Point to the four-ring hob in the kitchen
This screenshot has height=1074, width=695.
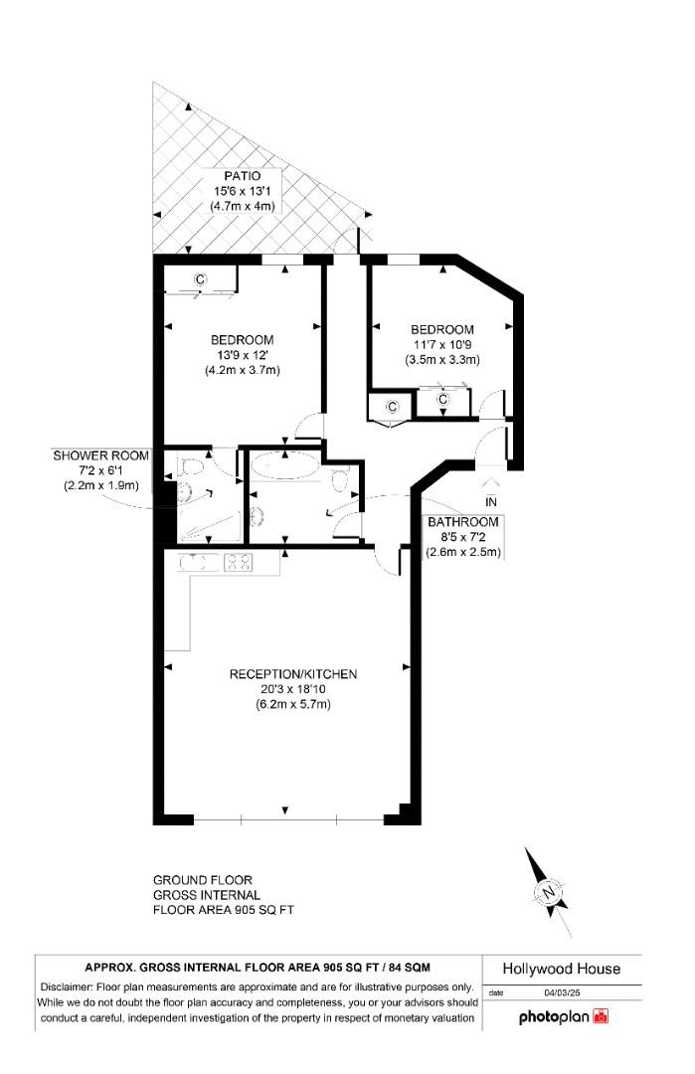point(240,563)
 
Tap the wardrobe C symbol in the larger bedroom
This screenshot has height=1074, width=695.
point(199,279)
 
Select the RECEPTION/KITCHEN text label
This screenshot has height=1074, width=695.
point(292,674)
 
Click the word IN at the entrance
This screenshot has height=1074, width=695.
point(489,501)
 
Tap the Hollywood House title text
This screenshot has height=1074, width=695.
point(562,969)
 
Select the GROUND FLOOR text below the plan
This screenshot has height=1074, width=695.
point(202,880)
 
